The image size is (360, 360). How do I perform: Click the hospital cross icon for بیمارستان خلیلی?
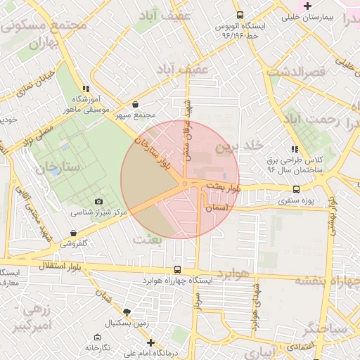point(307,6)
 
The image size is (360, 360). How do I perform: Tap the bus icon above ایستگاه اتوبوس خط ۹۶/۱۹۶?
point(240,15)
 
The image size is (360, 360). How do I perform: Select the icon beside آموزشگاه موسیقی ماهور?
point(86,89)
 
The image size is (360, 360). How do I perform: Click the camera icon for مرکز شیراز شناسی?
point(98,202)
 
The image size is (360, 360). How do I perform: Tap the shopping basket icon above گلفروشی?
point(74,233)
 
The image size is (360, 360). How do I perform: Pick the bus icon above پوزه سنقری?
point(296,188)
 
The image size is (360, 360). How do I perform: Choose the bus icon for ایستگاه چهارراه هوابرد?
point(176,269)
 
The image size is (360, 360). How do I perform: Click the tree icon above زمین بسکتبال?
point(127,311)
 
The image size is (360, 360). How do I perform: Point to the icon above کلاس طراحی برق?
point(295,149)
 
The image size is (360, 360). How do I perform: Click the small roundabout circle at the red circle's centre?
point(184,184)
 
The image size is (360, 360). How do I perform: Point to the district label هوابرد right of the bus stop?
point(233,272)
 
